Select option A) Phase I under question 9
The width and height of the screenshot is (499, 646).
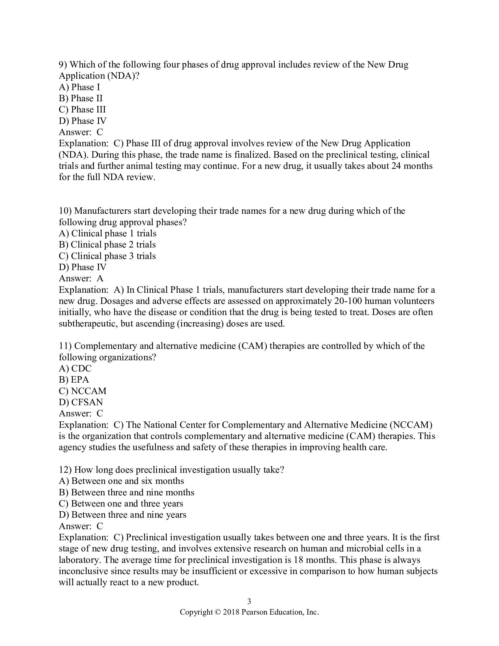(79, 87)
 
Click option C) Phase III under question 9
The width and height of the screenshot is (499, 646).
(82, 110)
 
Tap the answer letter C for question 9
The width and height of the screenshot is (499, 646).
(100, 132)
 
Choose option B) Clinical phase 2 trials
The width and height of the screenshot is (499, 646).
(107, 245)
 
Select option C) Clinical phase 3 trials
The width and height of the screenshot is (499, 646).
(107, 256)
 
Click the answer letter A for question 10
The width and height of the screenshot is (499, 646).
(100, 278)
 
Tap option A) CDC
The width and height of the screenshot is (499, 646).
(75, 368)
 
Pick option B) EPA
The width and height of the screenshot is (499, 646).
(74, 379)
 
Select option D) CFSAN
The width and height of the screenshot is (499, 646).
(81, 402)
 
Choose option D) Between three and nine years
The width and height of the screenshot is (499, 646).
(122, 515)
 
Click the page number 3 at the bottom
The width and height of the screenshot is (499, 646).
(249, 601)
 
